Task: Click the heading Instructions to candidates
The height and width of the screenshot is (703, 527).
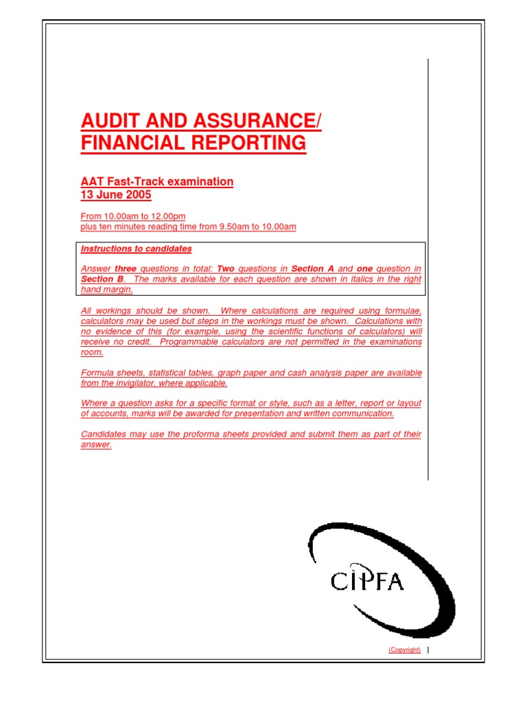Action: click(136, 249)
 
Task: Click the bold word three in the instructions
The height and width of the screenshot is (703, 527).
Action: click(126, 269)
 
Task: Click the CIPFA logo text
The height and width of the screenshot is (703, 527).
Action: click(366, 581)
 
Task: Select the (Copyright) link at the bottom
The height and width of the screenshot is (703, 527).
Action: click(404, 650)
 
